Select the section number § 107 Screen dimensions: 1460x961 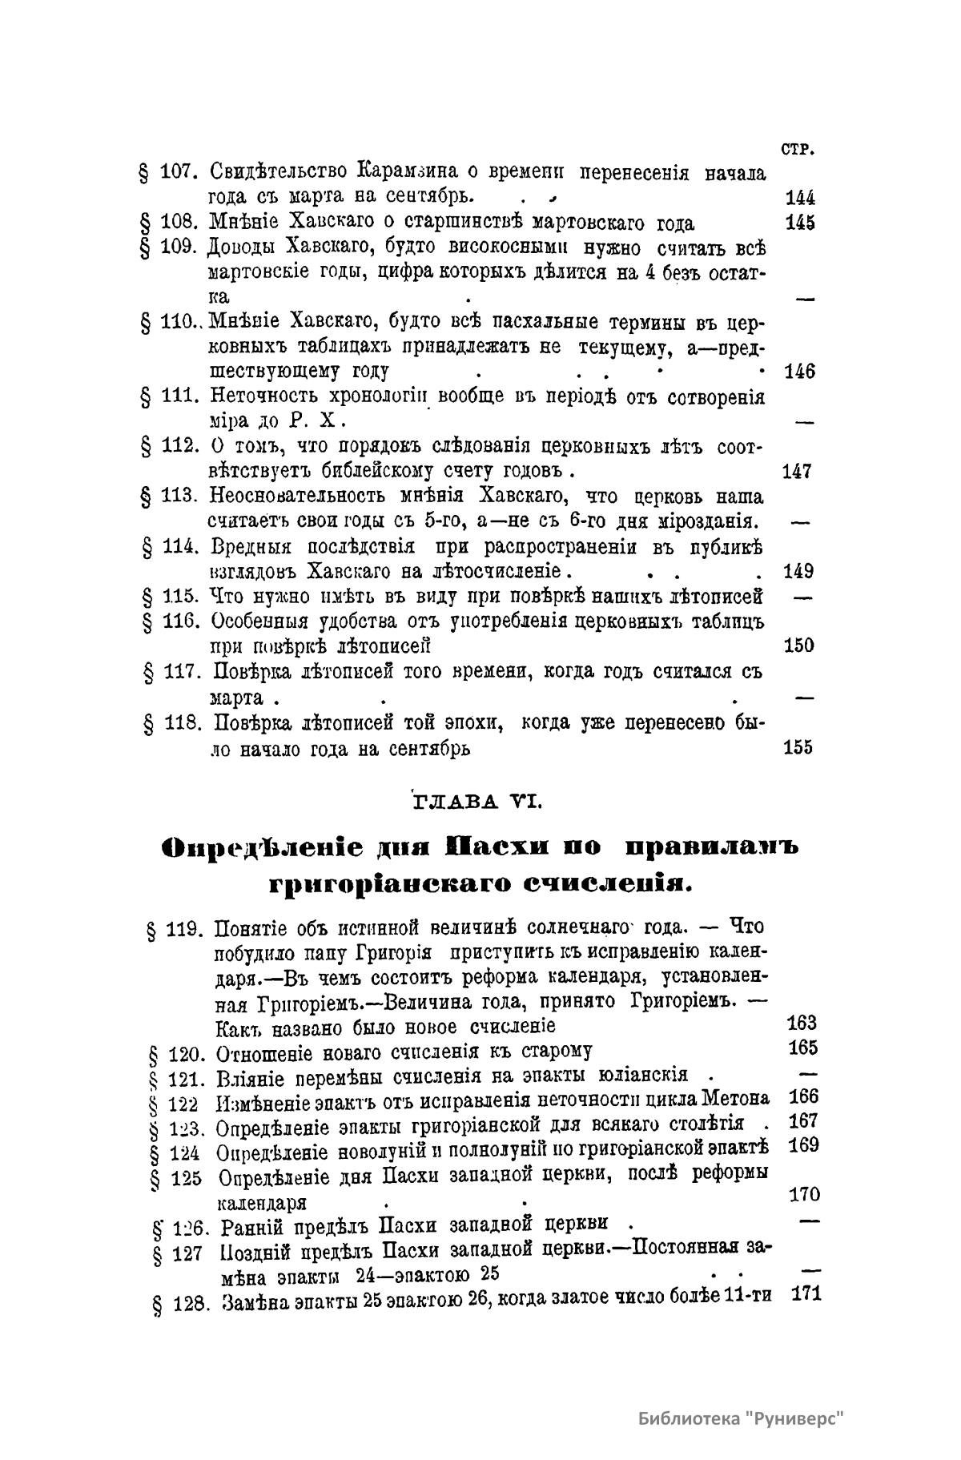point(169,172)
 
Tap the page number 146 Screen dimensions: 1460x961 point(799,372)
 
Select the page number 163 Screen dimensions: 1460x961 point(802,1023)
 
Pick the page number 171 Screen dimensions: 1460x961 point(806,1293)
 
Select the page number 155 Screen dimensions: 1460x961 point(798,747)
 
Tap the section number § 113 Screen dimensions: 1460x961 point(169,498)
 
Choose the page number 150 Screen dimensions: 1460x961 point(798,646)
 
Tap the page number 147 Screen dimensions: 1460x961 point(798,472)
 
